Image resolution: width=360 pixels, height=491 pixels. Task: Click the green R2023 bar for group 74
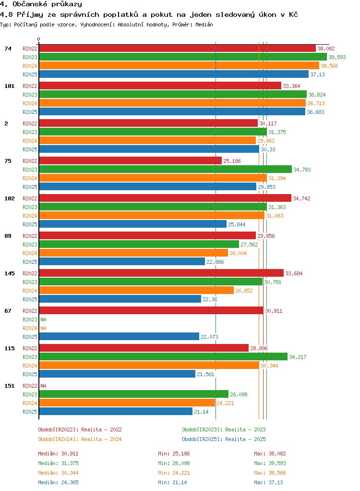pyautogui.click(x=183, y=57)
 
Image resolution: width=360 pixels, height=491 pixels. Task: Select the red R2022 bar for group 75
pyautogui.click(x=131, y=160)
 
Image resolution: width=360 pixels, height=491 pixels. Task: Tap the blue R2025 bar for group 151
pyautogui.click(x=116, y=411)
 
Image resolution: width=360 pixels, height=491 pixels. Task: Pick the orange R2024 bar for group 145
pyautogui.click(x=136, y=290)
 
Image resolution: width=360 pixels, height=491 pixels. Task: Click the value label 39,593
pyautogui.click(x=337, y=57)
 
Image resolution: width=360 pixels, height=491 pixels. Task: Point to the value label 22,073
pyautogui.click(x=210, y=337)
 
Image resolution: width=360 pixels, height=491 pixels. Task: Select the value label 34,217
pyautogui.click(x=298, y=357)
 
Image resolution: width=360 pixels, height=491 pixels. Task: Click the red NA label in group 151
pyautogui.click(x=44, y=386)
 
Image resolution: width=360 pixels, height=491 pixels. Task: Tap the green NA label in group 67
pyautogui.click(x=44, y=319)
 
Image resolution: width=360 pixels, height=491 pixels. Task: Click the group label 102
pyautogui.click(x=10, y=198)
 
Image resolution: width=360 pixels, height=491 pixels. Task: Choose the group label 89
pyautogui.click(x=8, y=236)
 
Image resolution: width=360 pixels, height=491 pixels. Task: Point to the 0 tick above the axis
pyautogui.click(x=39, y=39)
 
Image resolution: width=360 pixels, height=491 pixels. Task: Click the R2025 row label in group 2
pyautogui.click(x=30, y=150)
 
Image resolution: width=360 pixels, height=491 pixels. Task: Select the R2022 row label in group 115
pyautogui.click(x=30, y=348)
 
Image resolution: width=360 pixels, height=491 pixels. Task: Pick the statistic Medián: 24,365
pyautogui.click(x=58, y=482)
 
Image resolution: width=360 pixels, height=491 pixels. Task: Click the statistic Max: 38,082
pyautogui.click(x=270, y=454)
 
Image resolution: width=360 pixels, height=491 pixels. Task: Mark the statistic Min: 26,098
pyautogui.click(x=174, y=464)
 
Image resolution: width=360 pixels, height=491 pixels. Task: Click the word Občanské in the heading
pyautogui.click(x=30, y=4)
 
